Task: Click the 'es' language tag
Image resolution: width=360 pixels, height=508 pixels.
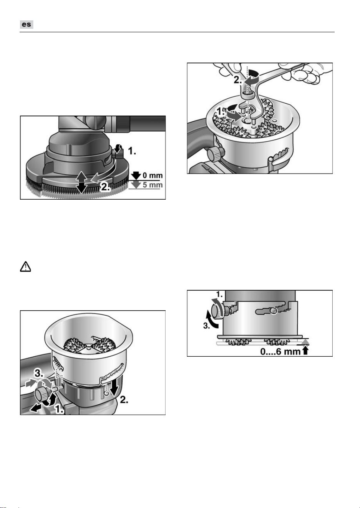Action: (x=27, y=25)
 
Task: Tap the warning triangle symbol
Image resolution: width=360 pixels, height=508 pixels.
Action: (x=25, y=266)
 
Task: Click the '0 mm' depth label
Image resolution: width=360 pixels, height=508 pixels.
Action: (x=153, y=175)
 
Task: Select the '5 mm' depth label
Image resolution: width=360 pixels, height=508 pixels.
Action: (x=153, y=185)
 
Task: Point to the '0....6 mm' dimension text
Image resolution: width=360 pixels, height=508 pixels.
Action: (x=280, y=351)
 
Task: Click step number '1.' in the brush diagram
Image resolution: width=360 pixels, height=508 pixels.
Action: (x=132, y=151)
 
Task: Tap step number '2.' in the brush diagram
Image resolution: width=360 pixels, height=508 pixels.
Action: (x=106, y=187)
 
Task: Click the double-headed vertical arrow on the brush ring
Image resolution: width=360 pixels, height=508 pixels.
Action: (x=81, y=182)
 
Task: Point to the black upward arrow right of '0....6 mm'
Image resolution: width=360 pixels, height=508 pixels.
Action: (x=305, y=351)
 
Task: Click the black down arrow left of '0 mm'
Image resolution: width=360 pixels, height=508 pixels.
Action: (x=136, y=175)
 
